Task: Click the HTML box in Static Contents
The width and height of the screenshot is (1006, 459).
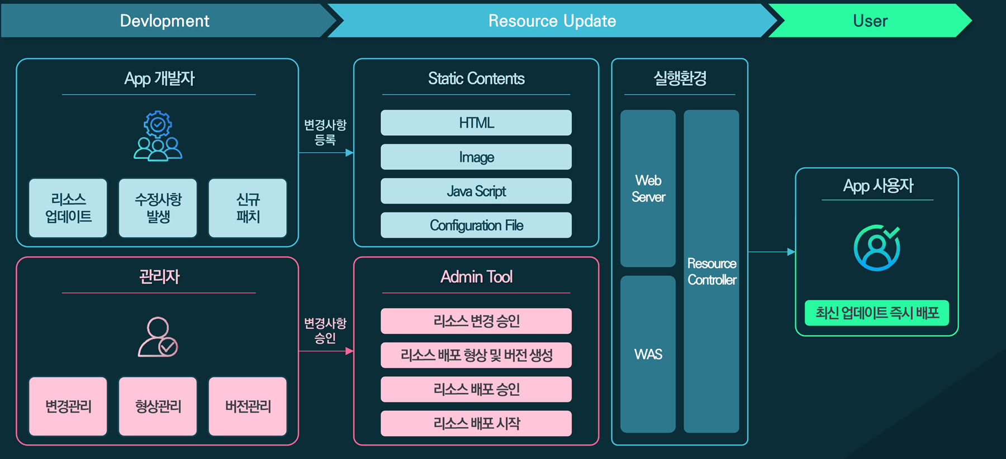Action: coord(476,122)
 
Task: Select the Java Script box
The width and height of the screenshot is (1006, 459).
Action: coord(476,191)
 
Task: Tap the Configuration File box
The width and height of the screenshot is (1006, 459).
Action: coord(476,225)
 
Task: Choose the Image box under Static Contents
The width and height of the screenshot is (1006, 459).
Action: coord(476,157)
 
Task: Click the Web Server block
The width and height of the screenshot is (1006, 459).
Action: coord(648,188)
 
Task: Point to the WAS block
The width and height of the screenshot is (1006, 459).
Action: coord(648,354)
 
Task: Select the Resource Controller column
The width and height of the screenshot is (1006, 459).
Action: coord(711,271)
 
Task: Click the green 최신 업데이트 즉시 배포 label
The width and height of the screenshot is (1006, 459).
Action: coord(877,313)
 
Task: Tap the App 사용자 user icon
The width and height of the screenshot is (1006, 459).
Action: coord(877,248)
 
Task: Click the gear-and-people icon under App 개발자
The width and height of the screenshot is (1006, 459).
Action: coord(158,136)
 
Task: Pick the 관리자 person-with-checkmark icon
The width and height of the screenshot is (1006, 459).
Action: coord(158,337)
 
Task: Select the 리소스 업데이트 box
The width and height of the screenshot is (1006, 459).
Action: coord(68,208)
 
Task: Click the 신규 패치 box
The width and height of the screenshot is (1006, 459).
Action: coord(248,208)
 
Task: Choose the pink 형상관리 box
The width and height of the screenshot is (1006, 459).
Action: coord(158,406)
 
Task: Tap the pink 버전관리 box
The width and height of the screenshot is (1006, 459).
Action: coord(248,406)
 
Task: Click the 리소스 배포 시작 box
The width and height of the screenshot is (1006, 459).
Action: coord(476,423)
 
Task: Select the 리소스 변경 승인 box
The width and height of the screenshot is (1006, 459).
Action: coord(476,321)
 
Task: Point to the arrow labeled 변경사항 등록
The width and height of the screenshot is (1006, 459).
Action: coord(326,153)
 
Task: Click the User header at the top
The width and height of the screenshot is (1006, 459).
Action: coord(870,21)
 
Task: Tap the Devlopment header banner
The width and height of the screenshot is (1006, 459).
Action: coord(165,21)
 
